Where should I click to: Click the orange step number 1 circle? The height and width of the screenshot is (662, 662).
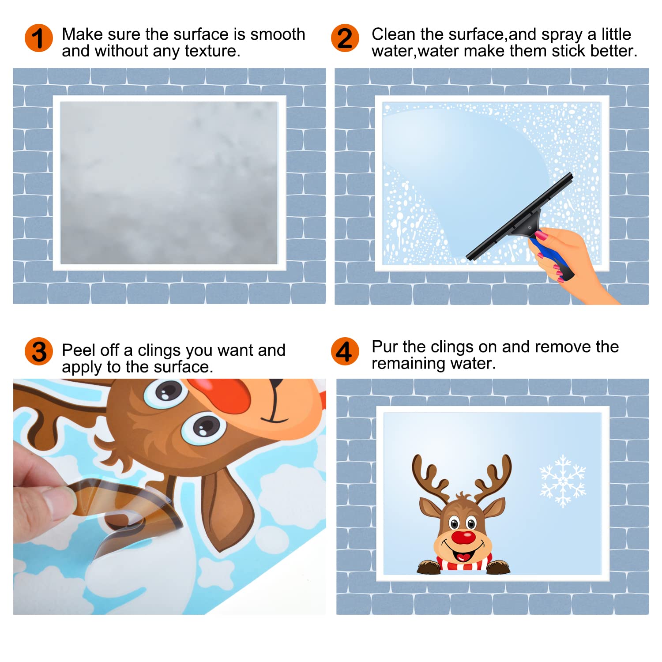[x=39, y=38]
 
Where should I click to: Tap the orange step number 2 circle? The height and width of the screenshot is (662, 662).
[x=345, y=38]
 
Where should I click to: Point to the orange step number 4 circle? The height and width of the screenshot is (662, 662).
[x=345, y=351]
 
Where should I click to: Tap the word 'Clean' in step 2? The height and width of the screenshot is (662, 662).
[x=393, y=34]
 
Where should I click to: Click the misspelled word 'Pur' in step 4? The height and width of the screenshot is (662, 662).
[x=384, y=346]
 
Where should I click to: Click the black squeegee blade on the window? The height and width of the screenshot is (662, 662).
[x=520, y=216]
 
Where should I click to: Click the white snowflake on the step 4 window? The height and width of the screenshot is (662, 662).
[x=563, y=481]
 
